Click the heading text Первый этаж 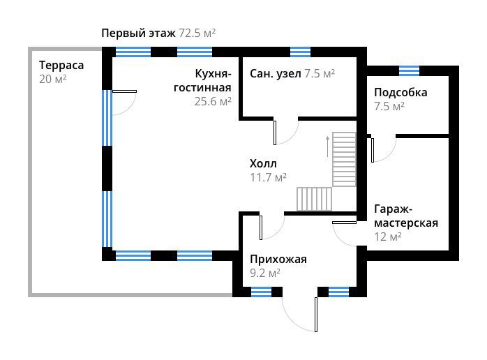(138, 33)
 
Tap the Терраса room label (61, 66)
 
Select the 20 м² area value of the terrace (53, 80)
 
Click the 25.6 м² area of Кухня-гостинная (213, 101)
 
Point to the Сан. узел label (276, 74)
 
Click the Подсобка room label (400, 93)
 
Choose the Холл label (263, 164)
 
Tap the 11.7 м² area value (269, 177)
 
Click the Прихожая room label (278, 260)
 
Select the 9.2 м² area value (265, 273)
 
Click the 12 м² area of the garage (388, 237)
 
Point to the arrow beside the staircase (327, 147)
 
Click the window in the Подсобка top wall (409, 71)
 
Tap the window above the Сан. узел (300, 52)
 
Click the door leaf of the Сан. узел (275, 133)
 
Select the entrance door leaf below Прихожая (316, 315)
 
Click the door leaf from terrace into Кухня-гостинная (124, 91)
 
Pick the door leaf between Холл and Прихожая (261, 227)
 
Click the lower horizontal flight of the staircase (314, 199)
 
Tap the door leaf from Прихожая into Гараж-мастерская (344, 223)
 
